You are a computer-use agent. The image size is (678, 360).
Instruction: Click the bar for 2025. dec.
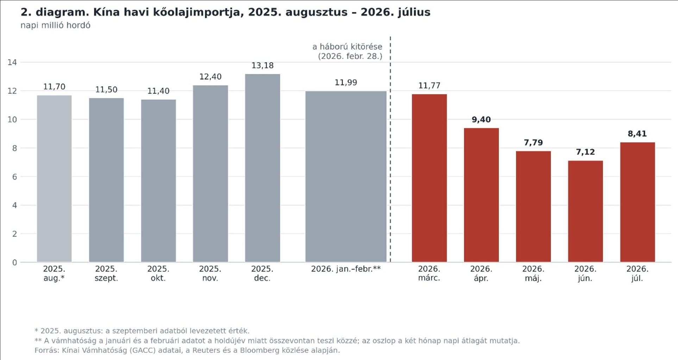click(262, 168)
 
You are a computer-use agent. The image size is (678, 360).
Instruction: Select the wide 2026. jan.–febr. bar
click(346, 176)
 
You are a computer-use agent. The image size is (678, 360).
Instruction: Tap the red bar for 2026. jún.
click(585, 211)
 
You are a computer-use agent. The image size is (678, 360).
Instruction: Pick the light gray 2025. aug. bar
click(54, 179)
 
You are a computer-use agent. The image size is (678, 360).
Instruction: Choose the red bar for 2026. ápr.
click(481, 195)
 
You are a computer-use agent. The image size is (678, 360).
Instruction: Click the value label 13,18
click(262, 66)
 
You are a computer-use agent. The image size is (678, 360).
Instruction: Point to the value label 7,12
click(585, 152)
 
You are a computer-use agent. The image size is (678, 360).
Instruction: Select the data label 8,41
click(637, 134)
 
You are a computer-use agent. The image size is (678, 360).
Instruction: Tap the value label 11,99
click(346, 82)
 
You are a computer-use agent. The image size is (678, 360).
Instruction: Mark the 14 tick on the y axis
click(12, 62)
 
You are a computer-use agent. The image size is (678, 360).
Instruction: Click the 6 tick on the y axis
click(14, 177)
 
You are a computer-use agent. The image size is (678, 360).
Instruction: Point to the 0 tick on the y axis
click(14, 262)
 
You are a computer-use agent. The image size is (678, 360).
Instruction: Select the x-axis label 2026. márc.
click(429, 273)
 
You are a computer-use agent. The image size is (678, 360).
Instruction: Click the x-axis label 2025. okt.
click(158, 273)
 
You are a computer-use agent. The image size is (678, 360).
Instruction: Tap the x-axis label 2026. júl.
click(637, 273)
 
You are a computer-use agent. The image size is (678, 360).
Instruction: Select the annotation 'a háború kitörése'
click(347, 46)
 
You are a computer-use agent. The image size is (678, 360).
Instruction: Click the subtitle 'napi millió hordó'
click(55, 25)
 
